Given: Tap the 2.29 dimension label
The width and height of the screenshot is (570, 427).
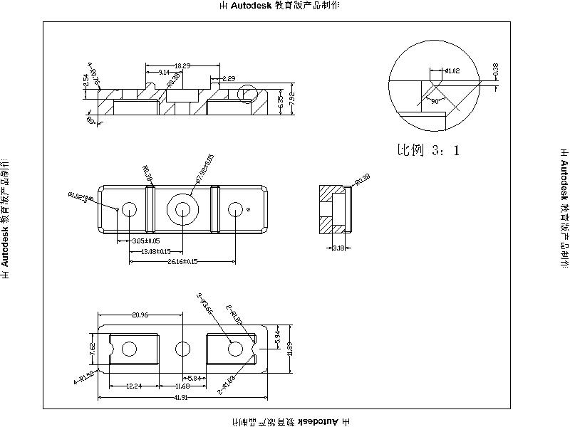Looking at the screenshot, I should point(229,78).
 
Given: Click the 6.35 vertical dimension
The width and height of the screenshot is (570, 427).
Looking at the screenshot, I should point(281,103).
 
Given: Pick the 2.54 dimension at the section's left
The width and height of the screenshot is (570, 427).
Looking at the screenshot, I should point(86,80).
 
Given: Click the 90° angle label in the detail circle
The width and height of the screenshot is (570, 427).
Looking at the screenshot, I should point(434,102).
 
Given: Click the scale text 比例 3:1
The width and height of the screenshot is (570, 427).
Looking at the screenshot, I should point(428,150).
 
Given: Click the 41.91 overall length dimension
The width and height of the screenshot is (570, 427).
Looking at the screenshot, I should point(182,398).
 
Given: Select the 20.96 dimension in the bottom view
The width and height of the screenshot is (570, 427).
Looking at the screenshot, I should point(140,315).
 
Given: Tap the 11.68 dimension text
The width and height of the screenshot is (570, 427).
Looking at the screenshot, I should point(182,386).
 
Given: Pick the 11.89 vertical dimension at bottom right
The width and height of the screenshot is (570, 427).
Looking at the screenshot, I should point(290,349).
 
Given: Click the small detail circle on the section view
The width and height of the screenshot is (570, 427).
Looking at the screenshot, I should point(247,93).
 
